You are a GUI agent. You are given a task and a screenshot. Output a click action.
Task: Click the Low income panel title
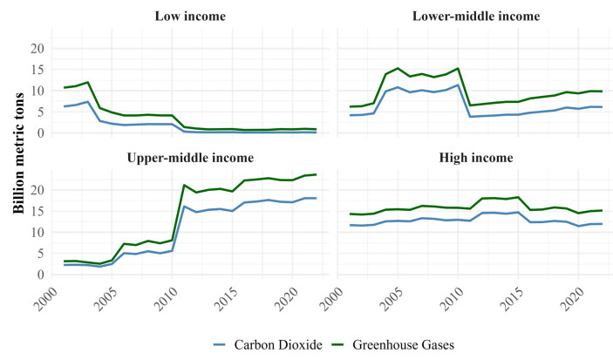click(189, 17)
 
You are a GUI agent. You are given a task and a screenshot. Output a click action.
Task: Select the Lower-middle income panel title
click(476, 17)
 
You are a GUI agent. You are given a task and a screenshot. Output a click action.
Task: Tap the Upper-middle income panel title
click(189, 158)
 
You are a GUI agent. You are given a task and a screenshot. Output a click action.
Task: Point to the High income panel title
click(476, 158)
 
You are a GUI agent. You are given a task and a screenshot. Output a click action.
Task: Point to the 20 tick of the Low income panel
click(36, 49)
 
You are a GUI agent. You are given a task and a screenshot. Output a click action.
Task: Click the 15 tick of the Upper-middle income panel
click(36, 212)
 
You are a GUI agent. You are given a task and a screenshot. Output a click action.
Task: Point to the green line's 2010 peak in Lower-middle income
click(458, 68)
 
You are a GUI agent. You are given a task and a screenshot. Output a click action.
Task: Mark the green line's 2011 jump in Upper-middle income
click(184, 185)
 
